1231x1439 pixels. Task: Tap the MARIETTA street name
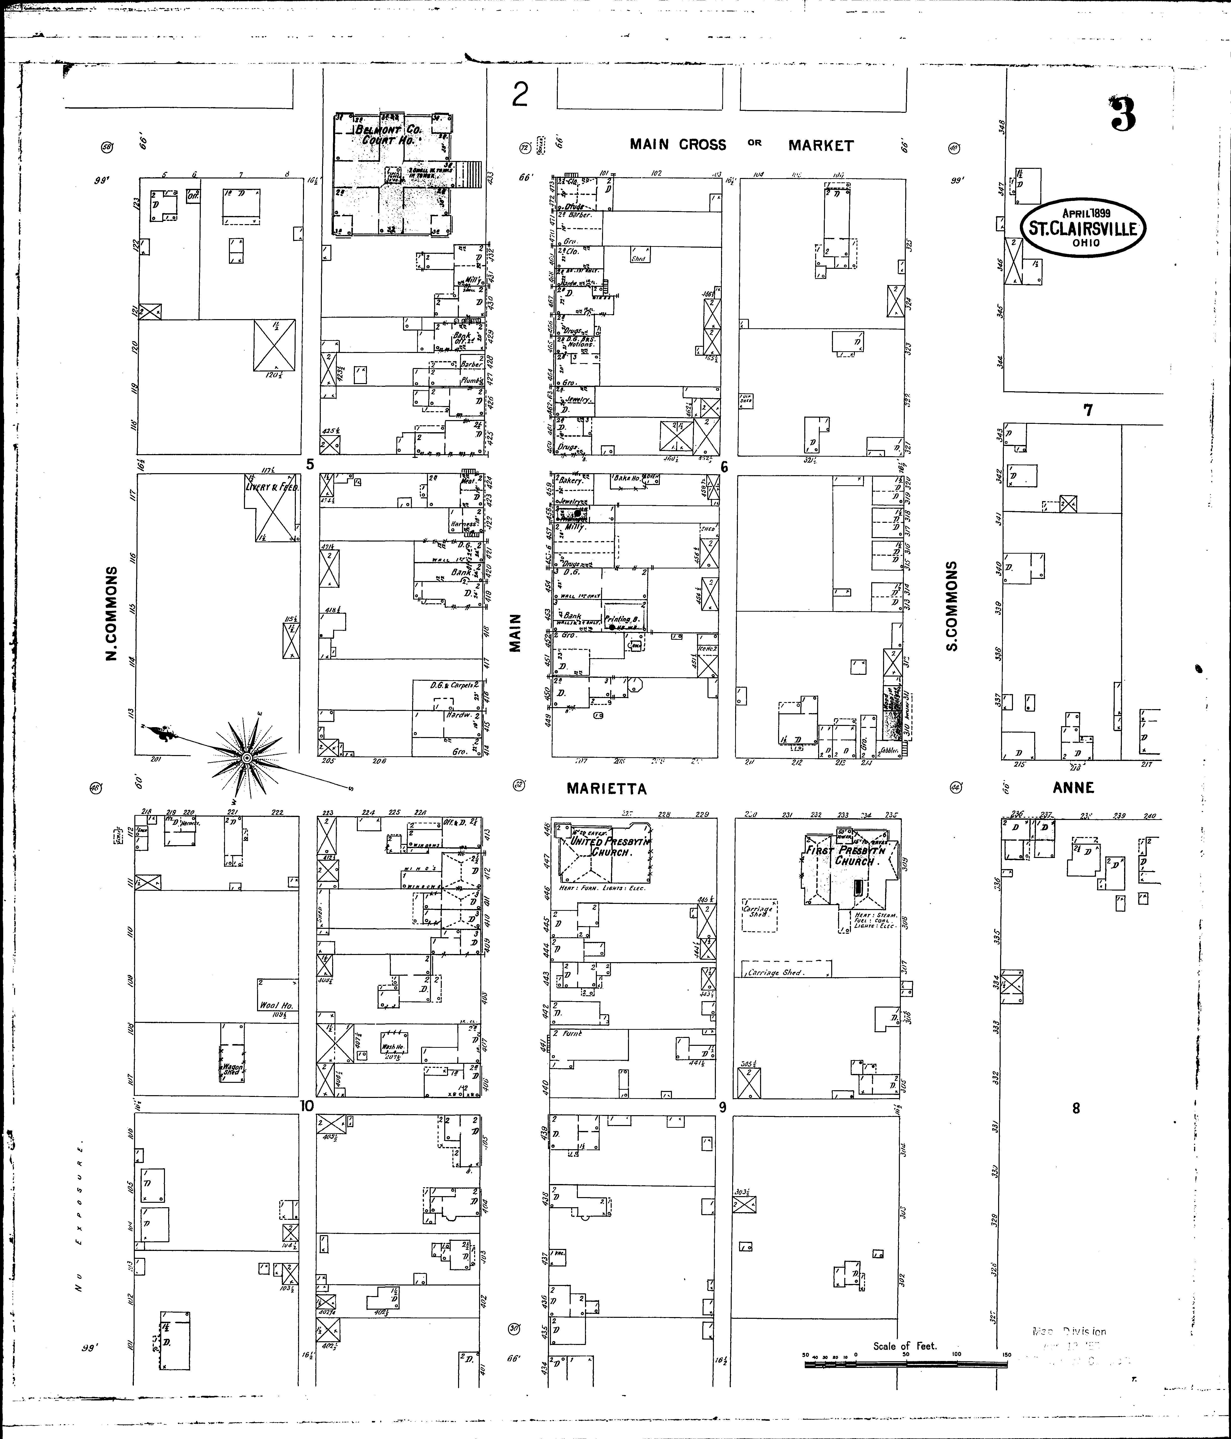pyautogui.click(x=606, y=788)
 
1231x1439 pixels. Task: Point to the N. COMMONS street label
pyautogui.click(x=111, y=613)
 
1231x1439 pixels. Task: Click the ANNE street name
pyautogui.click(x=1073, y=788)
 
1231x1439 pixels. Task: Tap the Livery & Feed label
pyautogui.click(x=272, y=487)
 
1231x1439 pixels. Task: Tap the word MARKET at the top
pyautogui.click(x=820, y=145)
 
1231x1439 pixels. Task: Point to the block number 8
pyautogui.click(x=1076, y=1108)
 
